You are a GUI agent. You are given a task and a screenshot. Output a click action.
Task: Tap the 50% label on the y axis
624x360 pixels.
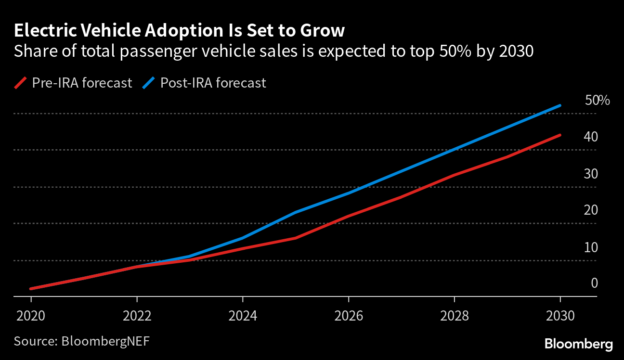click(597, 100)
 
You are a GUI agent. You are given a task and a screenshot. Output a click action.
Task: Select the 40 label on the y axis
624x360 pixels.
click(591, 137)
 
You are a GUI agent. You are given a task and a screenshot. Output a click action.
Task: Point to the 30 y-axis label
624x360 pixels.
click(591, 174)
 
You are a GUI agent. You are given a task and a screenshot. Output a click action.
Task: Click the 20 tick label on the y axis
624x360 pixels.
click(591, 210)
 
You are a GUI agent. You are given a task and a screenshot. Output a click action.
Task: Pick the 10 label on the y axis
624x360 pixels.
click(591, 247)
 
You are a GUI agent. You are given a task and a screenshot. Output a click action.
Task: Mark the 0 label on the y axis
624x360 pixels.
click(594, 283)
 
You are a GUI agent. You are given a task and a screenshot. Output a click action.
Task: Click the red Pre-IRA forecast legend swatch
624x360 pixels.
click(20, 83)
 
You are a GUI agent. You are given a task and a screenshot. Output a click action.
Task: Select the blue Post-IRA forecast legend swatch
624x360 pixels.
click(148, 83)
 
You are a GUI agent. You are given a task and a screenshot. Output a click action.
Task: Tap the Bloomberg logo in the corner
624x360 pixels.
click(579, 344)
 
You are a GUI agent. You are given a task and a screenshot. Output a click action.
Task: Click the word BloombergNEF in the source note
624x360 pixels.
click(105, 341)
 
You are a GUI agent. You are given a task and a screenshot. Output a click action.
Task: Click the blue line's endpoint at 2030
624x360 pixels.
click(560, 105)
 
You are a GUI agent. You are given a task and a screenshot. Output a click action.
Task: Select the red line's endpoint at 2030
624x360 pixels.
click(560, 135)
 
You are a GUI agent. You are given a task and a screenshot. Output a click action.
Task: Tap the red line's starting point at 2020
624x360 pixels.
click(31, 289)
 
